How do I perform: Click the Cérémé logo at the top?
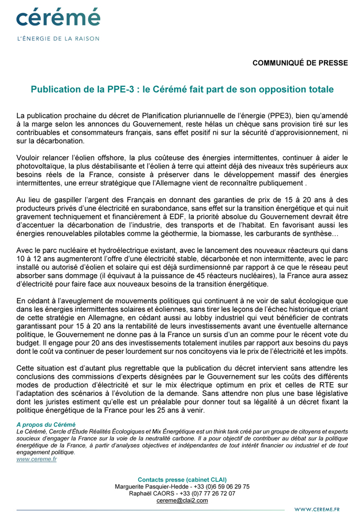tap(58, 17)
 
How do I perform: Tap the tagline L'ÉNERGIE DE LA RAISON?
tap(58, 38)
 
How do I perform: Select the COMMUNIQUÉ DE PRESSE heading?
tap(300, 63)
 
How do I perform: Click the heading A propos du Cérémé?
tap(46, 425)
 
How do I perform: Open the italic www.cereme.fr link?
tap(37, 459)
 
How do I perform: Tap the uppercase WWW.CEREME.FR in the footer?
tap(317, 509)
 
